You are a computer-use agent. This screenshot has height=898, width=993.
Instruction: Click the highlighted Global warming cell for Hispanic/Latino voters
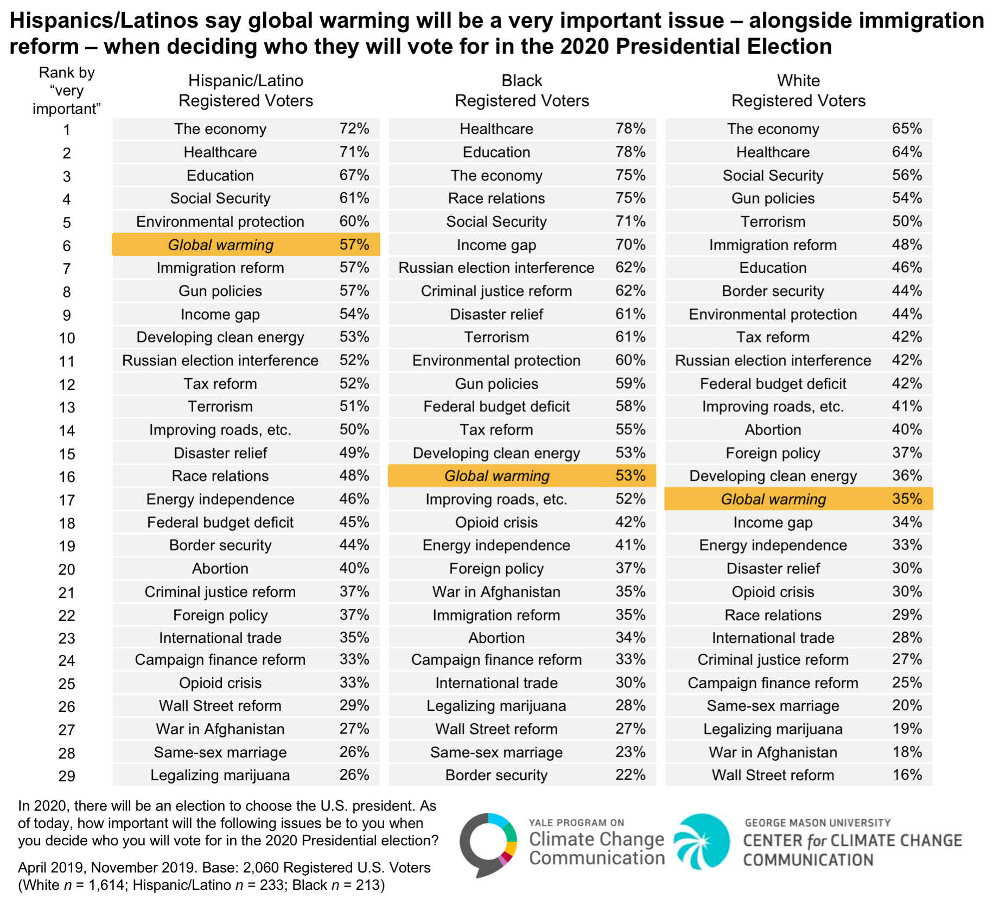pos(246,245)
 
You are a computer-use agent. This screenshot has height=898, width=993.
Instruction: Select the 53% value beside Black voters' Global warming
pos(631,476)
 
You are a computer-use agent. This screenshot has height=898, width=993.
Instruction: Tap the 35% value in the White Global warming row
pos(907,499)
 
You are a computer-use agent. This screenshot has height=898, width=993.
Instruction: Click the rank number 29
pos(67,776)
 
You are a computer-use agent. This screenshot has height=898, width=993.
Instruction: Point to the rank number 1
pos(67,130)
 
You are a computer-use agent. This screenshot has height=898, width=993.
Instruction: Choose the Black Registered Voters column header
pos(522,91)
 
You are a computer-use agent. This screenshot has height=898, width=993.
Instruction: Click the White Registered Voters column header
pos(798,91)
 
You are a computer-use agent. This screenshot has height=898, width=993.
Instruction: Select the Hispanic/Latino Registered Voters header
pos(246,91)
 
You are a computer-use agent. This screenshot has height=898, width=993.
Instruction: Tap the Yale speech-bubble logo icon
pos(488,844)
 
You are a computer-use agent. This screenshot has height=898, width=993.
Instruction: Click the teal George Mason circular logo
pos(702,842)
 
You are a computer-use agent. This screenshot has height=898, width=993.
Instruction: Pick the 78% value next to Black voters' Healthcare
pos(631,129)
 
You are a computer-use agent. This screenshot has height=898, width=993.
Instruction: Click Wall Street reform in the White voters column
pos(773,775)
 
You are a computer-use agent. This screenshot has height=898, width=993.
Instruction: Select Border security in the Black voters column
pos(496,775)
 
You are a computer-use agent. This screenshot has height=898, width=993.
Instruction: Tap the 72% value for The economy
pos(354,129)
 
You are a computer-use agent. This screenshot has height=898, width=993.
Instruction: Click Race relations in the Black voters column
pos(496,198)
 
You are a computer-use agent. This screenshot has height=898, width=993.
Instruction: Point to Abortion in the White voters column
pos(773,430)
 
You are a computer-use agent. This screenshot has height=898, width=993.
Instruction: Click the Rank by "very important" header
pos(67,91)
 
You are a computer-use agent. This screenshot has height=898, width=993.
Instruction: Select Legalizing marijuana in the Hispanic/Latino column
pos(220,775)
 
